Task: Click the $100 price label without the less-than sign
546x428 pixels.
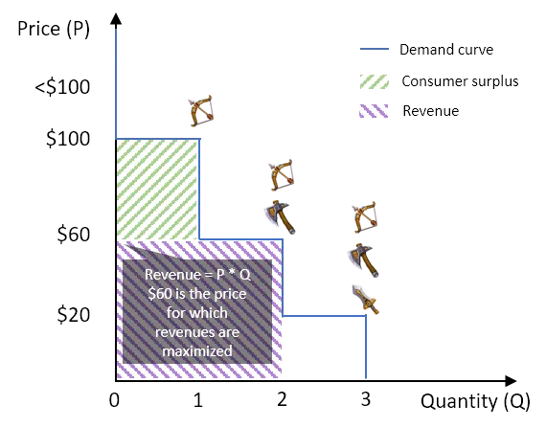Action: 68,139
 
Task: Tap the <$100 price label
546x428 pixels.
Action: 62,87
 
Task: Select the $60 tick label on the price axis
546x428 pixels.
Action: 74,234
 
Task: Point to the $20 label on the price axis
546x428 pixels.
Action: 74,315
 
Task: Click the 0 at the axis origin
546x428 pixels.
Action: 114,400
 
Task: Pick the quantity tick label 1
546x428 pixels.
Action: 198,400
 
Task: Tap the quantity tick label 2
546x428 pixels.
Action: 282,399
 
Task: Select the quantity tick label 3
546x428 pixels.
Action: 365,398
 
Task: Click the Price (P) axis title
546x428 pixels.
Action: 54,29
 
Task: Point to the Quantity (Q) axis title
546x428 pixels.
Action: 475,401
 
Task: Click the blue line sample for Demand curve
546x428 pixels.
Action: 375,49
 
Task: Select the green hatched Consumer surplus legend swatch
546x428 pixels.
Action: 375,81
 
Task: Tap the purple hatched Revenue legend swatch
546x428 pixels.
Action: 374,111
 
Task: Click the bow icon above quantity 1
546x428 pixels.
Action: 200,110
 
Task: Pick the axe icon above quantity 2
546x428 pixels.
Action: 280,217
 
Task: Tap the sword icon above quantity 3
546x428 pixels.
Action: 365,300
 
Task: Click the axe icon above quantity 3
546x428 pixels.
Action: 363,260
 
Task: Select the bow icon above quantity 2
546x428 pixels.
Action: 281,175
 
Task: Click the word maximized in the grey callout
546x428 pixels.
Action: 197,350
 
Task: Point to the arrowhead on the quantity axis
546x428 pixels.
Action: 511,381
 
